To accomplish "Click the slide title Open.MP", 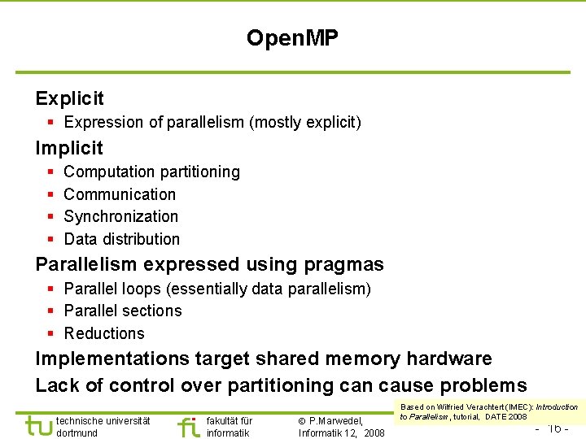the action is click(x=292, y=37).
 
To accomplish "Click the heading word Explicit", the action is click(x=69, y=98).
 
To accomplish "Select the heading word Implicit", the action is click(x=69, y=148).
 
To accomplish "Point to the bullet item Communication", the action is click(x=120, y=194).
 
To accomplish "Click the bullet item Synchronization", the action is click(x=120, y=216).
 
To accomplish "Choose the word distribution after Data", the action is click(x=141, y=239).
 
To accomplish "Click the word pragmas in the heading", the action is click(x=343, y=264).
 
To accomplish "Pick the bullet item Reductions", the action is click(x=104, y=333).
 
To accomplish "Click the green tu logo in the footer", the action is click(x=38, y=426).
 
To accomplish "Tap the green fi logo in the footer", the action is click(x=188, y=426).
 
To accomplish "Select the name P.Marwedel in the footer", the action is click(x=335, y=420).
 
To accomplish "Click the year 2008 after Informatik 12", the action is click(x=374, y=432).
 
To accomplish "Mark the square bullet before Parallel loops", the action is click(x=50, y=289).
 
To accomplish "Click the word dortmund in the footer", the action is click(x=77, y=432).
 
